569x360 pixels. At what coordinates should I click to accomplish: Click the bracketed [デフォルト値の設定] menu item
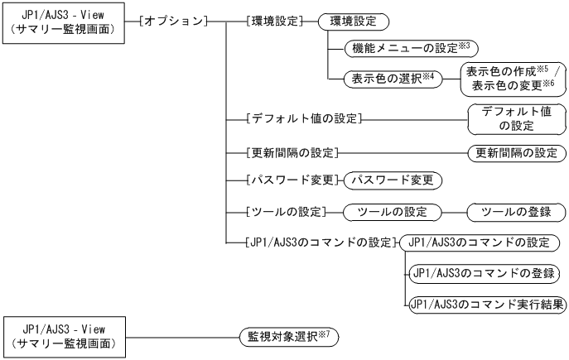[x=306, y=120]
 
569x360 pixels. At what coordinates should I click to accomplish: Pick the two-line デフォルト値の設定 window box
[x=518, y=120]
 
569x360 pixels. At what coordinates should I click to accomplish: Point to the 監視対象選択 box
[x=288, y=337]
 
